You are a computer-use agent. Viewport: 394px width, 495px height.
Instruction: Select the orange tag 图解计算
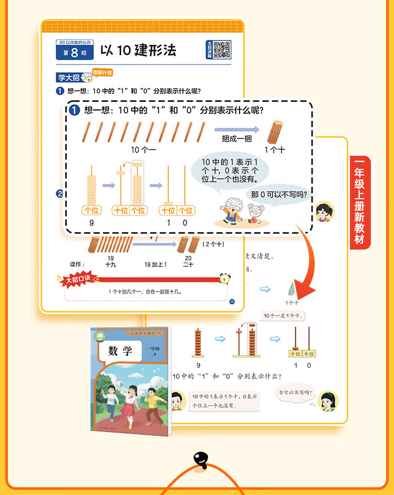pyautogui.click(x=102, y=73)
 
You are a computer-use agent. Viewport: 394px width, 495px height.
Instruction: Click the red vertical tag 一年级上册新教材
pyautogui.click(x=360, y=202)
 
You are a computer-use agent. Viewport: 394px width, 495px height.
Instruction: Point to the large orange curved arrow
pyautogui.click(x=305, y=262)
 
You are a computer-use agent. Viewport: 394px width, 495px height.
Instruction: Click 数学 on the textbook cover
pyautogui.click(x=120, y=351)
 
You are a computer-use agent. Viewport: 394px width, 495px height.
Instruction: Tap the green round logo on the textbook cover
pyautogui.click(x=98, y=336)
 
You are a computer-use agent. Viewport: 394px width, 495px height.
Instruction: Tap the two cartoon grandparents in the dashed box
pyautogui.click(x=239, y=213)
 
